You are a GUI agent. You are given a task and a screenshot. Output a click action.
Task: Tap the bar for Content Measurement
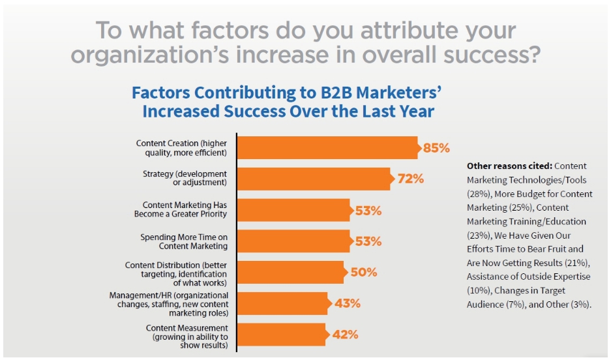pos(283,335)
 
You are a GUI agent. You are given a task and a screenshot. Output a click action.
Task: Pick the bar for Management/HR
pos(284,303)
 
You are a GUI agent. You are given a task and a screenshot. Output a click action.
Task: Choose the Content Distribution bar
pos(292,272)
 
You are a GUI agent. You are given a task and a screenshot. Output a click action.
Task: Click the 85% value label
pos(436,148)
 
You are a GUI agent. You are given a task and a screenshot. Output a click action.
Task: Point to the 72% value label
pos(411,179)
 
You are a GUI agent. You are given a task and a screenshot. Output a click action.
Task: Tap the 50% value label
pos(364,272)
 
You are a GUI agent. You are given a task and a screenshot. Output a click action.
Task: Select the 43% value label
pos(348,303)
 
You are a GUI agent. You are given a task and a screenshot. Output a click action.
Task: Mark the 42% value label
pos(345,335)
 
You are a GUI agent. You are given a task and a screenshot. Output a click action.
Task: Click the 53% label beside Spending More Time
pos(368,241)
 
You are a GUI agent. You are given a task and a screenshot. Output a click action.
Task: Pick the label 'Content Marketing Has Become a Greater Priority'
pos(181,209)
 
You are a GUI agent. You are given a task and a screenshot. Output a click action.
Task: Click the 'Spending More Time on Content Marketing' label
pos(184,241)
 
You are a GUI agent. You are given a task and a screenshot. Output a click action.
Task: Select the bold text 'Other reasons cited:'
pos(509,166)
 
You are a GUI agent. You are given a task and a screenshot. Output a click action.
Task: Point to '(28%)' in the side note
pos(479,194)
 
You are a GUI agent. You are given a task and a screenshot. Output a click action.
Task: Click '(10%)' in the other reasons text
pos(479,291)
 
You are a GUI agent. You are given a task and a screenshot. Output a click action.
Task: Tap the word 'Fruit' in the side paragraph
pos(554,249)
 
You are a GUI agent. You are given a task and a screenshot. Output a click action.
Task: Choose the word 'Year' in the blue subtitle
pos(418,112)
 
